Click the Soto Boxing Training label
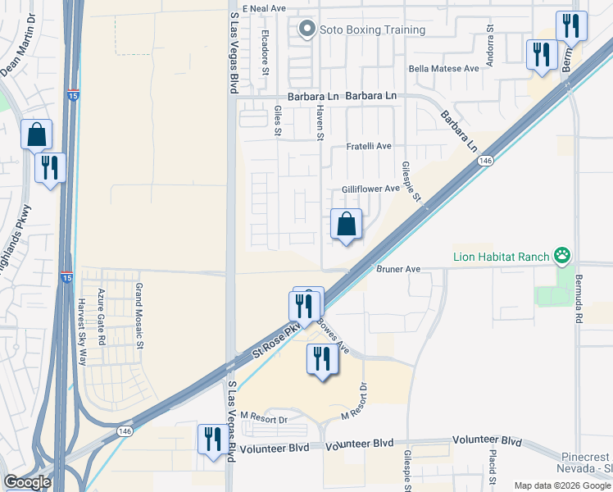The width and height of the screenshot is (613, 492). click(x=373, y=30)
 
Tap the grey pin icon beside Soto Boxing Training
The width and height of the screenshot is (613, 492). click(x=307, y=30)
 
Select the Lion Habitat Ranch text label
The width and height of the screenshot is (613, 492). click(x=501, y=257)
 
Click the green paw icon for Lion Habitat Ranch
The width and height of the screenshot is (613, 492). click(x=562, y=256)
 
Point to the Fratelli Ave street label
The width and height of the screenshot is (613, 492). click(x=368, y=146)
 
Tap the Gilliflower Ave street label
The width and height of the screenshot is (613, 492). click(x=370, y=189)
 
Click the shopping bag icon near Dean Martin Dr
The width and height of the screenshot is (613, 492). click(x=37, y=134)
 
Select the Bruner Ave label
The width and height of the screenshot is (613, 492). click(x=398, y=268)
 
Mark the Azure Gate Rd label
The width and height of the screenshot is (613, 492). click(x=102, y=316)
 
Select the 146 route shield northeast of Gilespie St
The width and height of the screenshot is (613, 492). click(x=486, y=162)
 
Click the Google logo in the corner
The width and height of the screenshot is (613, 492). click(x=27, y=482)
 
